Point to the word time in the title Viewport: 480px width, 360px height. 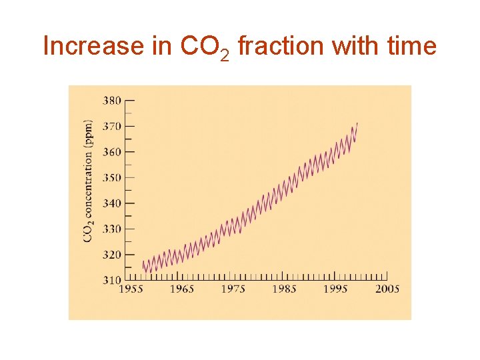410,47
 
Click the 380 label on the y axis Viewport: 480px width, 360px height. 111,101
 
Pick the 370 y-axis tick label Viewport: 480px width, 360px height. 111,126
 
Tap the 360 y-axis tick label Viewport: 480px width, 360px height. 111,152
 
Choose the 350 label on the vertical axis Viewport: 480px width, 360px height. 111,177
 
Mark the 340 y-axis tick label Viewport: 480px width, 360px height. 111,203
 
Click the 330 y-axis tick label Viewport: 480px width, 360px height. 111,229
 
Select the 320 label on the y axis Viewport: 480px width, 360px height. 111,255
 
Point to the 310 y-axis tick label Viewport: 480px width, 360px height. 111,280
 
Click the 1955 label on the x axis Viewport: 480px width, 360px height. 130,289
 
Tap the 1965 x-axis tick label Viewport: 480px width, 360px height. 181,289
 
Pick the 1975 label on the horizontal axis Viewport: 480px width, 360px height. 233,289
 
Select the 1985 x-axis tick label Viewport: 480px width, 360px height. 284,289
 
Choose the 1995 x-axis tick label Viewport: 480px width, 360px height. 335,289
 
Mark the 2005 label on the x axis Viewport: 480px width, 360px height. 387,289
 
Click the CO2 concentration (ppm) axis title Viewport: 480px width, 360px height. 88,181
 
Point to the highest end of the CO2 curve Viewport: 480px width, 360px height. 357,123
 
